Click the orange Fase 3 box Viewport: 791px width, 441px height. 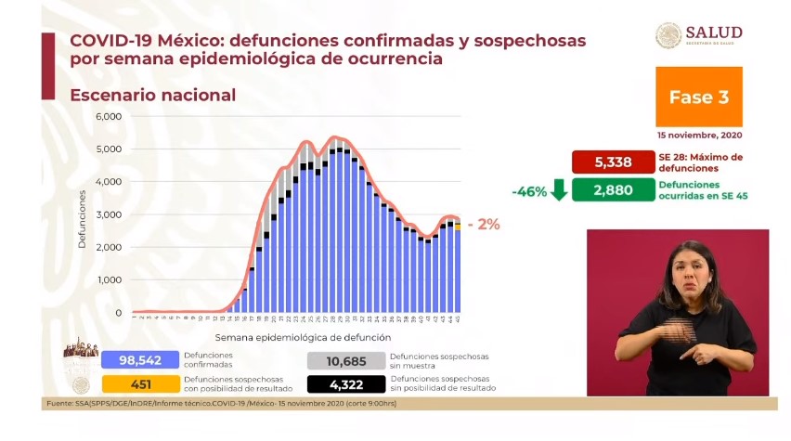click(698, 97)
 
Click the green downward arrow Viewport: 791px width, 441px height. click(558, 190)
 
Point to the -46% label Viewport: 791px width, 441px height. click(526, 191)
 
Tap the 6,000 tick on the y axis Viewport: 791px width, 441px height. click(109, 117)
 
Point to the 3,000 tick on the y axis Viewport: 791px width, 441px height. click(109, 215)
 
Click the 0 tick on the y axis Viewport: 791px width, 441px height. click(118, 313)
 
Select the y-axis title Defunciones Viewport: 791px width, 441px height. click(82, 219)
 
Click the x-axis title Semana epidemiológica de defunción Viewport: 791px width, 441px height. click(303, 337)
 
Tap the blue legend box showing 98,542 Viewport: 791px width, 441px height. click(139, 359)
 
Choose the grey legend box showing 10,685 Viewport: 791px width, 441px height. click(344, 359)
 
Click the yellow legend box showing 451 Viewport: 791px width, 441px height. click(139, 383)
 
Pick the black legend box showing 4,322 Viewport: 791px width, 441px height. click(344, 383)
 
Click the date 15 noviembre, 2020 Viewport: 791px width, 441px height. click(699, 135)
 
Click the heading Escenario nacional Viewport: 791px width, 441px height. click(153, 96)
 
